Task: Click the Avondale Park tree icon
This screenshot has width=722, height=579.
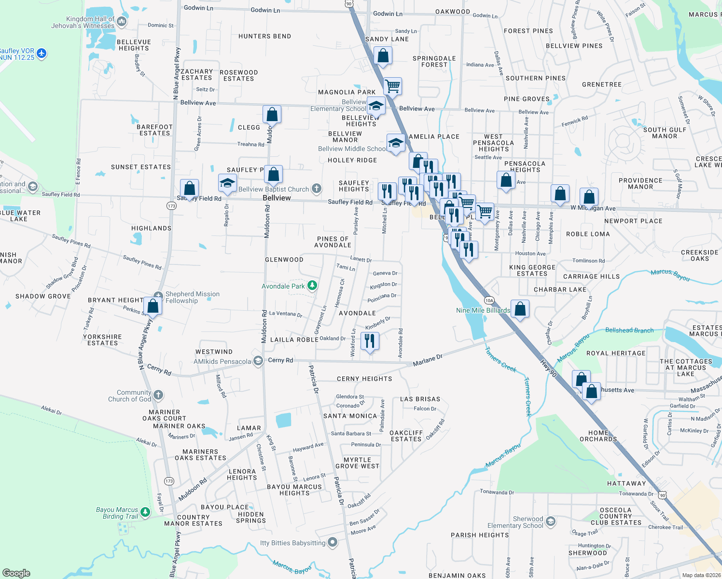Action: coord(312,286)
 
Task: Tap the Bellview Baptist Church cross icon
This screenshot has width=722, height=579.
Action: coord(317,189)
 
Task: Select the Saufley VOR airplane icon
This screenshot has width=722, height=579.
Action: coord(42,53)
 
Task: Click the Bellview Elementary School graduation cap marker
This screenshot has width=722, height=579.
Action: coord(375,105)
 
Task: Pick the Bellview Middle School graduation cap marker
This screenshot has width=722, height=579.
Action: coord(396,143)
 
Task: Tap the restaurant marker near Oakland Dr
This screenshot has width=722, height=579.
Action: coord(370,341)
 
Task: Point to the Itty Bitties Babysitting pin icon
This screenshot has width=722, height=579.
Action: coord(333,542)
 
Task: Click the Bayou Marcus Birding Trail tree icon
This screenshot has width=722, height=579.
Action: coord(145,512)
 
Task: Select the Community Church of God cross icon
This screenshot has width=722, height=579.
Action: coord(158,396)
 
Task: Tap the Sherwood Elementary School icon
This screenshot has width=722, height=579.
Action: coord(551,522)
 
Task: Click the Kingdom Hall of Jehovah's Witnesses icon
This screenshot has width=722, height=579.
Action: coord(122,21)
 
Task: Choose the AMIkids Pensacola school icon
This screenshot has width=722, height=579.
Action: coord(258,361)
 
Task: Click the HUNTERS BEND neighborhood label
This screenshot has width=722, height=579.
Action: coord(264,36)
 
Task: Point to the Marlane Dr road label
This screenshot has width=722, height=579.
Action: coord(428,360)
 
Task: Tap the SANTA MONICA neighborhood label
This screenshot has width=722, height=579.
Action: coord(350,416)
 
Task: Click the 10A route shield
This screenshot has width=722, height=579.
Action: coord(489,301)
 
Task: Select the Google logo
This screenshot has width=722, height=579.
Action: coord(16,573)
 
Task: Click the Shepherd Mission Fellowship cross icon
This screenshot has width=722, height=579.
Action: coord(158,296)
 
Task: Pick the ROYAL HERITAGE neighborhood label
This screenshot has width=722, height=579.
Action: coord(615,353)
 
